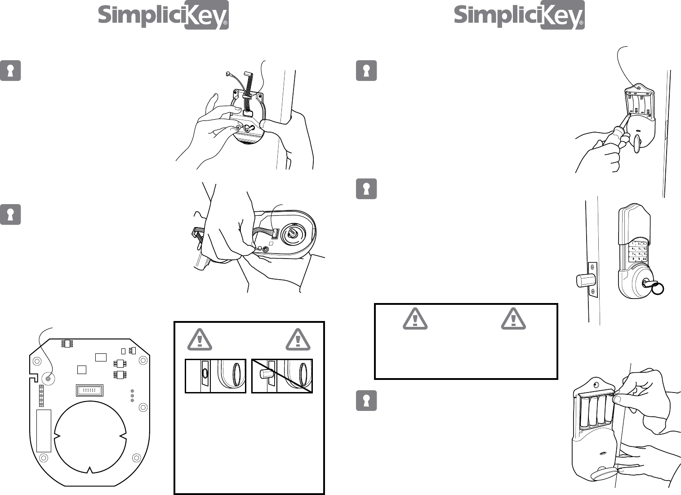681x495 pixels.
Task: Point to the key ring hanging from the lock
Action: point(659,288)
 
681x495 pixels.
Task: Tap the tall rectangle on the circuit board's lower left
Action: point(44,430)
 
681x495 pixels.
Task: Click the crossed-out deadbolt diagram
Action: point(282,376)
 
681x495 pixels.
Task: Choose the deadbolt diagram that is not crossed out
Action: point(216,376)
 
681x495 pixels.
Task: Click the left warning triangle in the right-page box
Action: point(415,318)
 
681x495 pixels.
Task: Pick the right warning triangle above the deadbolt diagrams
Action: point(298,339)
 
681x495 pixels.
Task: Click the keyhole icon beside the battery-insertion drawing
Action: point(366,400)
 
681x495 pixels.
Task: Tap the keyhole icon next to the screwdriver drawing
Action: point(366,71)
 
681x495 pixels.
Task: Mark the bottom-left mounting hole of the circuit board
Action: point(44,458)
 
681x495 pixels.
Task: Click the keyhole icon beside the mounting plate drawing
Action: point(10,71)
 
